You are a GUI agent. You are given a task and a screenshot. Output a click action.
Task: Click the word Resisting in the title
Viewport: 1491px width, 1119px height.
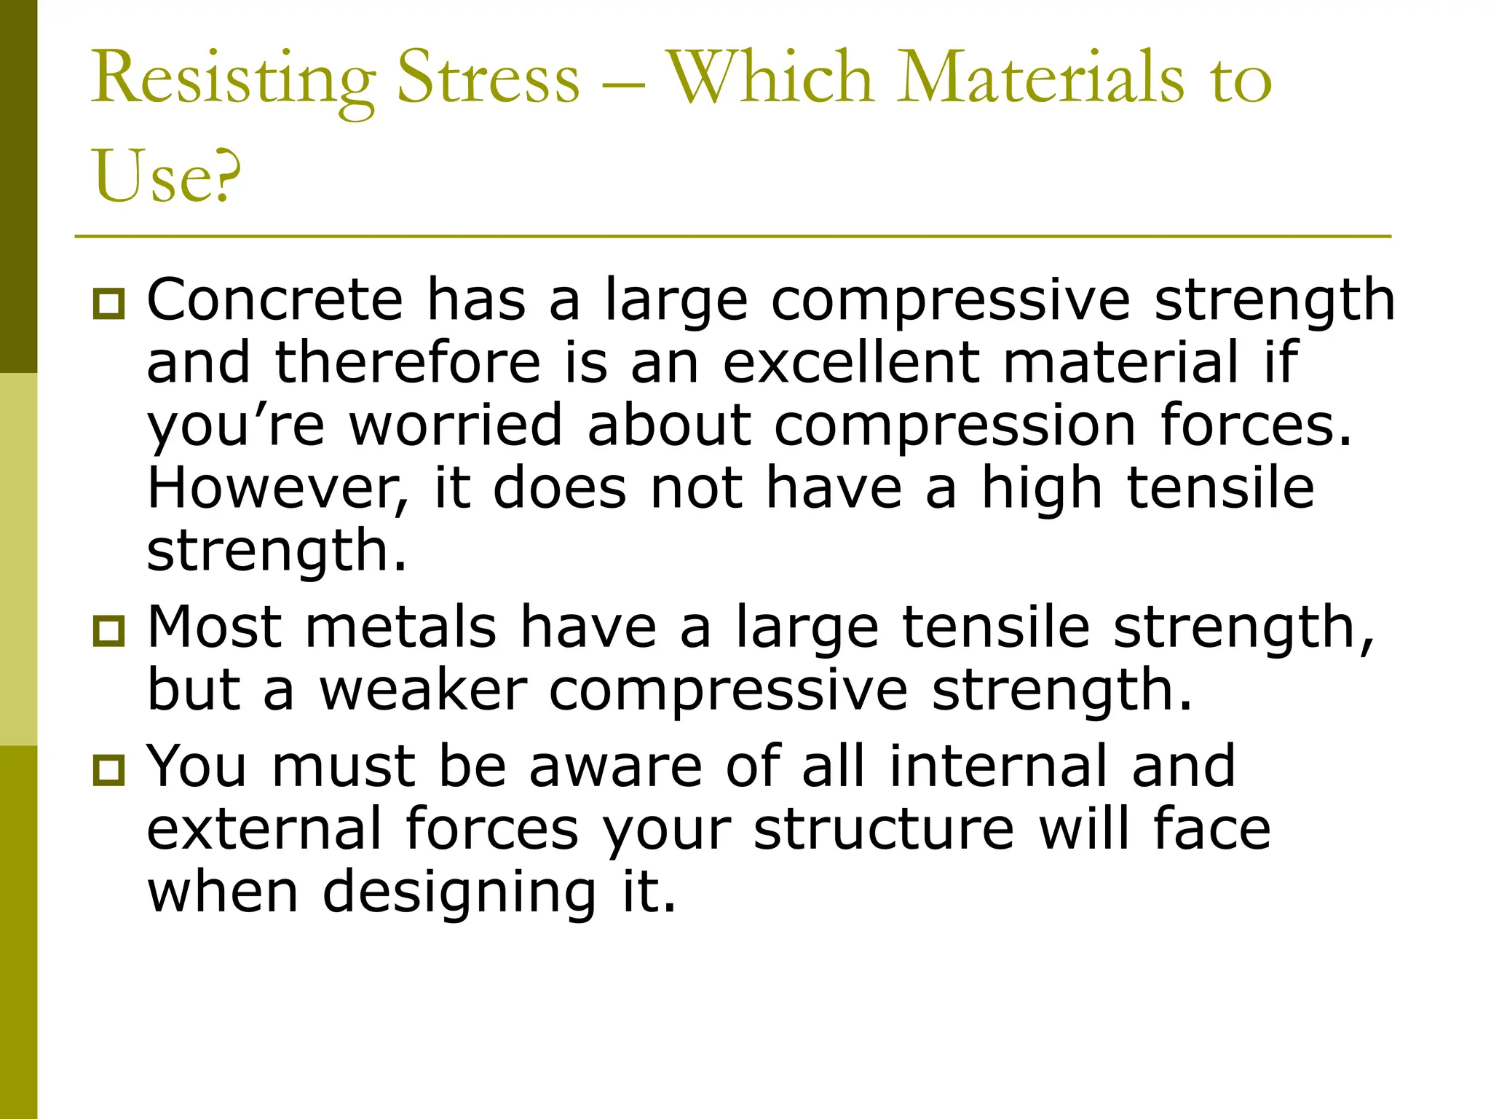[233, 79]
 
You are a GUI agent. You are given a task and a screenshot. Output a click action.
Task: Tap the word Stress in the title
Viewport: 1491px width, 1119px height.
[489, 77]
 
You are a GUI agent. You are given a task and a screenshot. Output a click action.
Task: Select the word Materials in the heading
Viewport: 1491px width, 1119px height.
[1041, 77]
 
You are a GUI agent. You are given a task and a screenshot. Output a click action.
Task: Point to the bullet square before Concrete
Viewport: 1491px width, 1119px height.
[109, 302]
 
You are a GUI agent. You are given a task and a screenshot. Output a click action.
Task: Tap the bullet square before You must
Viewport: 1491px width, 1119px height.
[109, 769]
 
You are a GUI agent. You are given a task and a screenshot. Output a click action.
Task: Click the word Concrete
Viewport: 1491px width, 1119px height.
[275, 299]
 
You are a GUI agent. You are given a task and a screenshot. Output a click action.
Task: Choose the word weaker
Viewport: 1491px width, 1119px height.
[423, 690]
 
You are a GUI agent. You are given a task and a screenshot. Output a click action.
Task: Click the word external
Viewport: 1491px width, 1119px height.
[264, 829]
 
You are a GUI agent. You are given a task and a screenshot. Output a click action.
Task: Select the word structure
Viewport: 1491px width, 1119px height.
[883, 829]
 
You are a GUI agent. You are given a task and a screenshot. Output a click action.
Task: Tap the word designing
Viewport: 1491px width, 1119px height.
[460, 893]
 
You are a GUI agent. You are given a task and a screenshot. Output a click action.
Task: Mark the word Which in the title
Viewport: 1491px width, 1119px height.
[771, 77]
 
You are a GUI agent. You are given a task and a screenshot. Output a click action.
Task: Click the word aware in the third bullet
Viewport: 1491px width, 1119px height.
[615, 766]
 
